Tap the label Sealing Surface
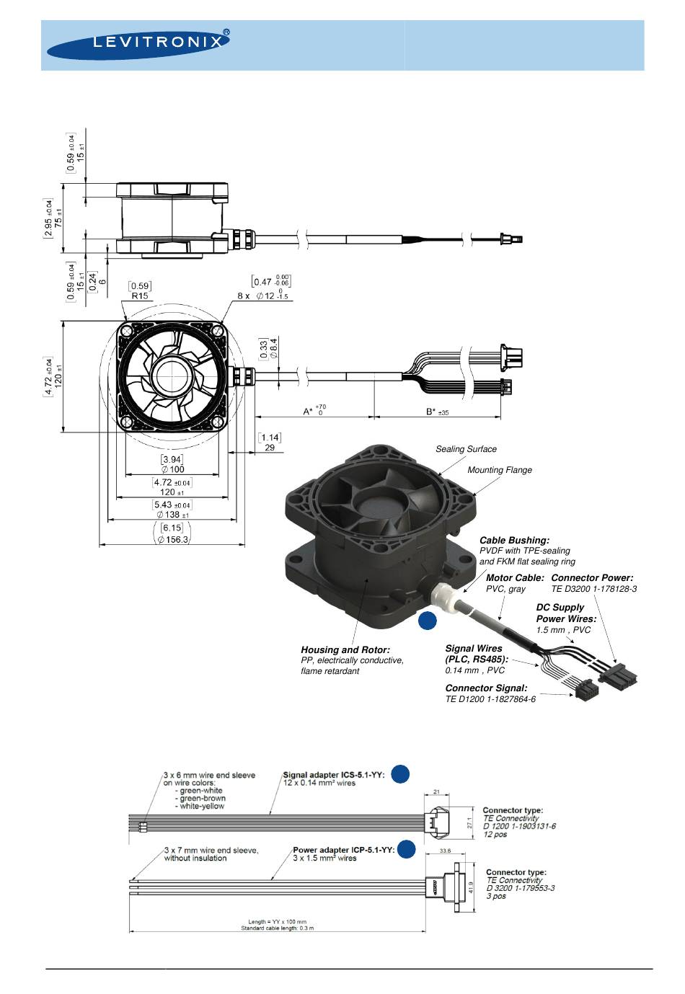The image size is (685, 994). point(466,449)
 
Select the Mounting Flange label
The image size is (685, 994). point(500,470)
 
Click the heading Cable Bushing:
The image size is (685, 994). point(514,540)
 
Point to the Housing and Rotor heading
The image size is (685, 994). point(345,649)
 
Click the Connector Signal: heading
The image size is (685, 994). point(486,688)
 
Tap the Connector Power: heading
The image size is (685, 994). point(592,578)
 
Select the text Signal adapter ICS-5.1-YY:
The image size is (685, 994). point(334,776)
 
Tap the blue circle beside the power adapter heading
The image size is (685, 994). point(407,849)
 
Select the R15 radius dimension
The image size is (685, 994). point(140,296)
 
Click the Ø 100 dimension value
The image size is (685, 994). point(172,469)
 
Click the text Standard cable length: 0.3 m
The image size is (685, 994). point(277,928)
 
